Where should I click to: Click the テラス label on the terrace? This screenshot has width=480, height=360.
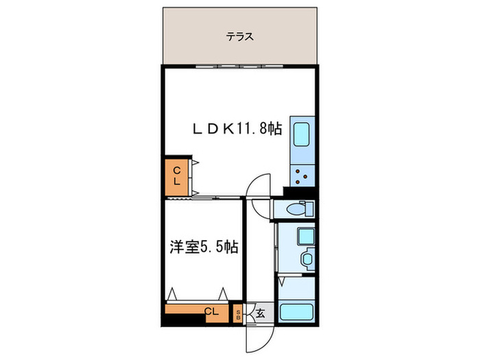pos(241,37)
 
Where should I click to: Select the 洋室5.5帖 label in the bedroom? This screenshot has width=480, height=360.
pos(204,247)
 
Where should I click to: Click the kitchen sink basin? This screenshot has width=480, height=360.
pos(302,134)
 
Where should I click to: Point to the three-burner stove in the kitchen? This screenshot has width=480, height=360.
pos(302,177)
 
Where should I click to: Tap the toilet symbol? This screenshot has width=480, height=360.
pos(296,209)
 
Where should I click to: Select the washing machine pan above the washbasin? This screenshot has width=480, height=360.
pos(304,237)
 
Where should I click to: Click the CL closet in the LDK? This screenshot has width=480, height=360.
pos(176,176)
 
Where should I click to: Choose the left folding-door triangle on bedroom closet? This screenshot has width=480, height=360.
pos(173,293)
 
